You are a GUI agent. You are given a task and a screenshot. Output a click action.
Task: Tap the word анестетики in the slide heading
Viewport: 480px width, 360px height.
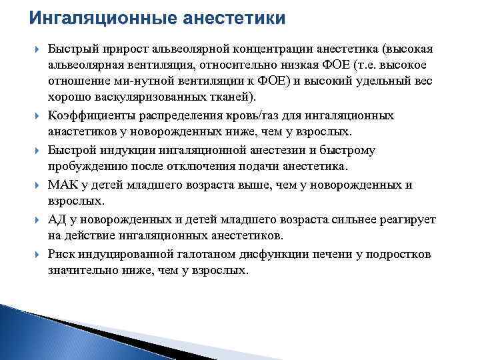228,17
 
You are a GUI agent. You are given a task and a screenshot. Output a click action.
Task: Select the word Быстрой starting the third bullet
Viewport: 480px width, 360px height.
72,150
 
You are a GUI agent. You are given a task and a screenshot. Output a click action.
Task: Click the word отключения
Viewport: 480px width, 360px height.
215,165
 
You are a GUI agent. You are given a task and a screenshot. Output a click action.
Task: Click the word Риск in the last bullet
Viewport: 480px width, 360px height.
62,255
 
